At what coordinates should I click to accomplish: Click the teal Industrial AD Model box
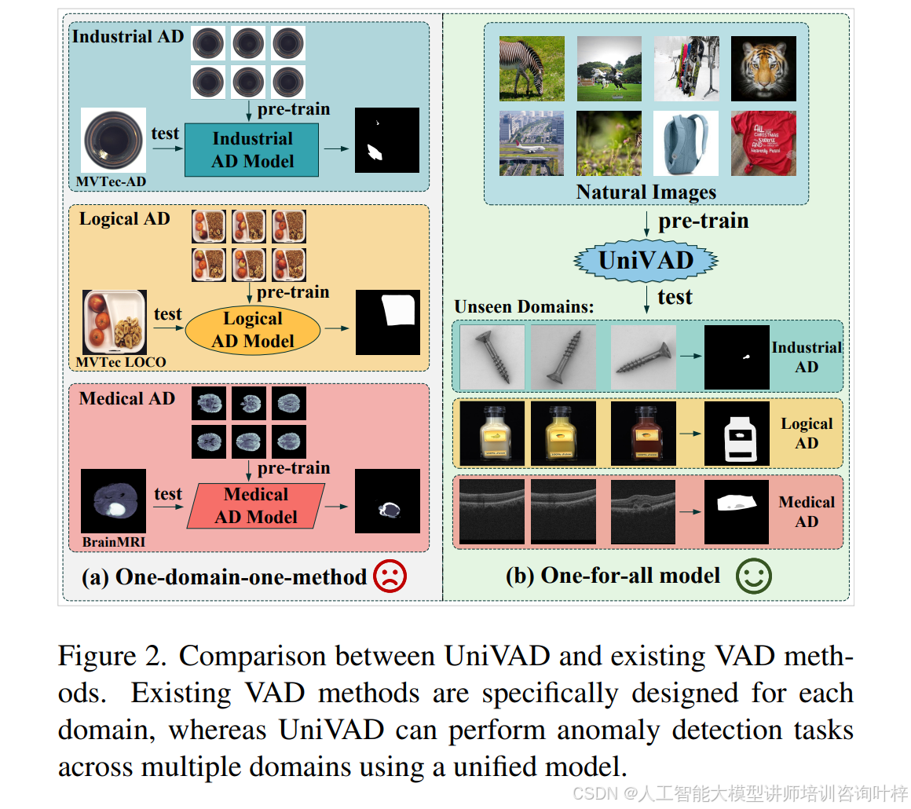click(251, 150)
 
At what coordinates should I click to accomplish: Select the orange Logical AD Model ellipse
click(253, 330)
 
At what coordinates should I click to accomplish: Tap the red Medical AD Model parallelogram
click(256, 506)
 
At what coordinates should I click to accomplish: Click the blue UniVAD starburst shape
click(646, 260)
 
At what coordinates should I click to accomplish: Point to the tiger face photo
click(763, 68)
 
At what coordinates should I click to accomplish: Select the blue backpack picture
click(686, 143)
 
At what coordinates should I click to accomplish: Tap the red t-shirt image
click(763, 143)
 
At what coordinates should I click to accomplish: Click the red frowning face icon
click(390, 577)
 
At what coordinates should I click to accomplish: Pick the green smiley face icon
click(753, 576)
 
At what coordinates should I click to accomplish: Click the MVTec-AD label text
click(110, 182)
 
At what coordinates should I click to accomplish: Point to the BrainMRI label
click(113, 542)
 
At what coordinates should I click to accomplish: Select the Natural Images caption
click(646, 192)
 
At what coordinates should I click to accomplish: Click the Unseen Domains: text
click(524, 307)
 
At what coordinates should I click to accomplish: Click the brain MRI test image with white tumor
click(114, 501)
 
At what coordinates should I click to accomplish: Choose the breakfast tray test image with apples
click(115, 322)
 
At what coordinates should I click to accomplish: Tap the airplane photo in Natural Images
click(532, 143)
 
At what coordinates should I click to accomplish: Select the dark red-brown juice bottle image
click(642, 433)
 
